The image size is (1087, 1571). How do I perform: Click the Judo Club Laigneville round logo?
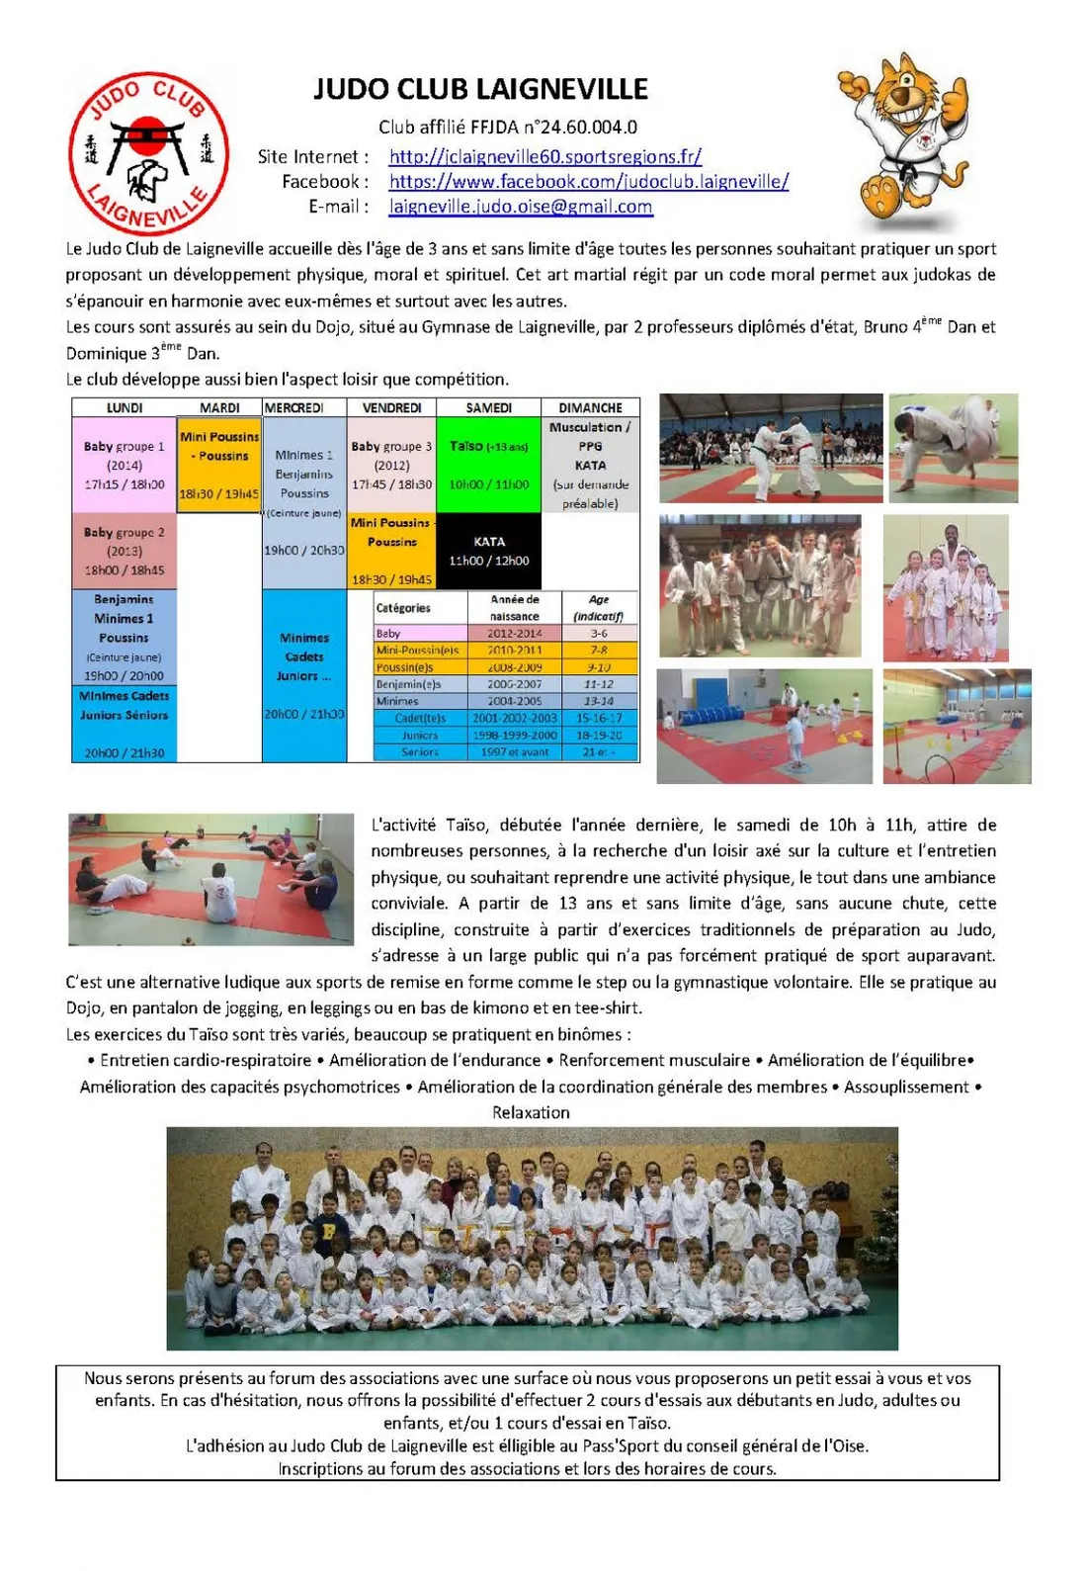[x=148, y=152]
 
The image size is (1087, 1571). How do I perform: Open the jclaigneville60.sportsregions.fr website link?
[x=544, y=156]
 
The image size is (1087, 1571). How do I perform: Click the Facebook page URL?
[x=588, y=181]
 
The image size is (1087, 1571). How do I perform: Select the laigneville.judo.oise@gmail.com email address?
[x=521, y=207]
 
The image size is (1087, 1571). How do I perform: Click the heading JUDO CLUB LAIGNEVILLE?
[x=480, y=90]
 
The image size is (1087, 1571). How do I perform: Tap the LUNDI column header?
[x=125, y=407]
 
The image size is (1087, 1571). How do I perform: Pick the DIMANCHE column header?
[x=590, y=407]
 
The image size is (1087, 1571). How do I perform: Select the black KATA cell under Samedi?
[x=488, y=551]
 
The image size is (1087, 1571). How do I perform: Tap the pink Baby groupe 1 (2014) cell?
[x=125, y=465]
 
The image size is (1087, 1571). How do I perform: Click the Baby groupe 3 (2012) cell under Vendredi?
[x=391, y=465]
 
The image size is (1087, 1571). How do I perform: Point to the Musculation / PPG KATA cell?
[x=590, y=465]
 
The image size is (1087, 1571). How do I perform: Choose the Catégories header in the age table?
[x=403, y=608]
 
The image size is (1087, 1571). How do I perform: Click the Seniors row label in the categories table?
[x=420, y=752]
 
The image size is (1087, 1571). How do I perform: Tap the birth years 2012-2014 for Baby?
[x=515, y=634]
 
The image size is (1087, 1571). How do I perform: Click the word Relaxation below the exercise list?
[x=531, y=1112]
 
